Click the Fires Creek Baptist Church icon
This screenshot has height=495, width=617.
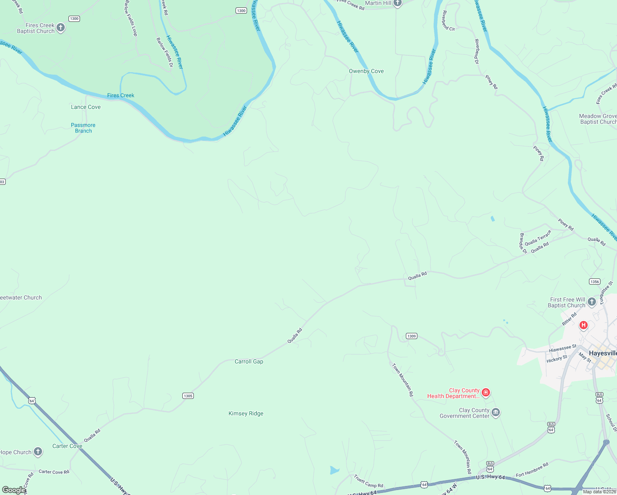[x=61, y=28]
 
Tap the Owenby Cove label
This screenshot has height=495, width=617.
[x=366, y=71]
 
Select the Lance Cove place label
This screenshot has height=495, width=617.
[x=86, y=107]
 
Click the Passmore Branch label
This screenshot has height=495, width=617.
[x=83, y=128]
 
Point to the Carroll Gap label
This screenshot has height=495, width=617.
[x=249, y=361]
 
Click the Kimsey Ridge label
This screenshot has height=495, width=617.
[x=246, y=413]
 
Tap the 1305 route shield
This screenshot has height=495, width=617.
[x=188, y=396]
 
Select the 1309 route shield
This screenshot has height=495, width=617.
[x=412, y=336]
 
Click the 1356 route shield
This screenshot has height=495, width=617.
[x=594, y=282]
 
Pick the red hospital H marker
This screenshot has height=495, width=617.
[x=583, y=325]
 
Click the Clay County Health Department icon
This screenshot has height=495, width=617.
[x=486, y=392]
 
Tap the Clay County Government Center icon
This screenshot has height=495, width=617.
[x=496, y=412]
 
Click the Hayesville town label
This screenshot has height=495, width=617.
[x=603, y=353]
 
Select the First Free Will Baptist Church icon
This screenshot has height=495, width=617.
[x=591, y=302]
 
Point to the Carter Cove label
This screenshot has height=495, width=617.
[x=67, y=446]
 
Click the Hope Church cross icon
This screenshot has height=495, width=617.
[x=38, y=452]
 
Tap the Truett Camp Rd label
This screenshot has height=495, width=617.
[x=368, y=481]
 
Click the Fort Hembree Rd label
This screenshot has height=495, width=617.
[x=532, y=469]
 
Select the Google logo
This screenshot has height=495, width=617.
[x=14, y=490]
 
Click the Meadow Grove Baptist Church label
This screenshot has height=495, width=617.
[x=598, y=119]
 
